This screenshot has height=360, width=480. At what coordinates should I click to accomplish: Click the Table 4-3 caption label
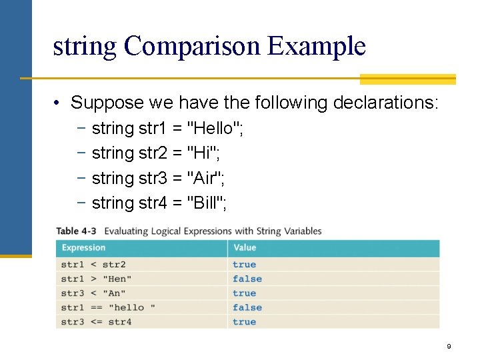point(76,231)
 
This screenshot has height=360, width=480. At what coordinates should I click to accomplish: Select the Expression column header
point(83,248)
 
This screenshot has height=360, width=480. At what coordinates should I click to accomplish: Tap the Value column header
point(244,248)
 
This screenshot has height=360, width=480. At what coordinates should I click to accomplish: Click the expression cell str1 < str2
point(93,265)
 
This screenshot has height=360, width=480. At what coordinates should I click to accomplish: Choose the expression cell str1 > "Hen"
point(96,279)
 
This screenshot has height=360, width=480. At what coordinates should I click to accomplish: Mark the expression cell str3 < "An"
point(93,293)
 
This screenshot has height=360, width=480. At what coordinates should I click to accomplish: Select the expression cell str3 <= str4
point(96,322)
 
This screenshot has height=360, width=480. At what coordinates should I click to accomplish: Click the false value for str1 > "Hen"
point(247,279)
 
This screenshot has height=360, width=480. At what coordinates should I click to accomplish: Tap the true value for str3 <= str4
point(244,322)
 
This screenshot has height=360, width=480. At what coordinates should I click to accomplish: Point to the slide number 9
point(449,347)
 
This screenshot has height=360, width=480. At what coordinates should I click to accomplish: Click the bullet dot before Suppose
point(59,103)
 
